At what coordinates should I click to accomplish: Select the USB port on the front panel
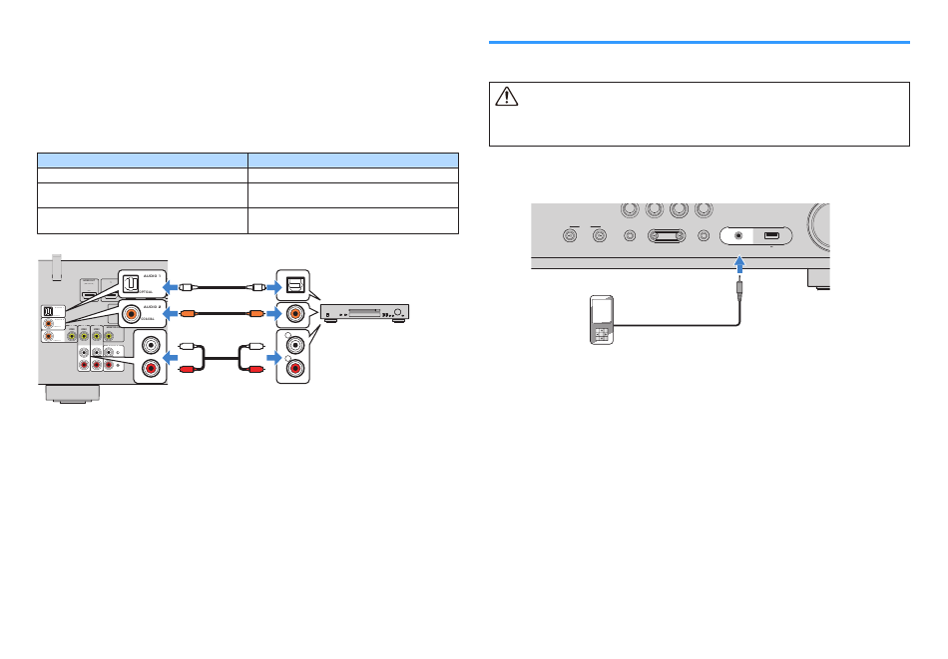click(x=771, y=236)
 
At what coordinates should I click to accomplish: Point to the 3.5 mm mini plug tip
click(x=739, y=283)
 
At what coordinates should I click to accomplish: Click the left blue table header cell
click(x=142, y=160)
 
